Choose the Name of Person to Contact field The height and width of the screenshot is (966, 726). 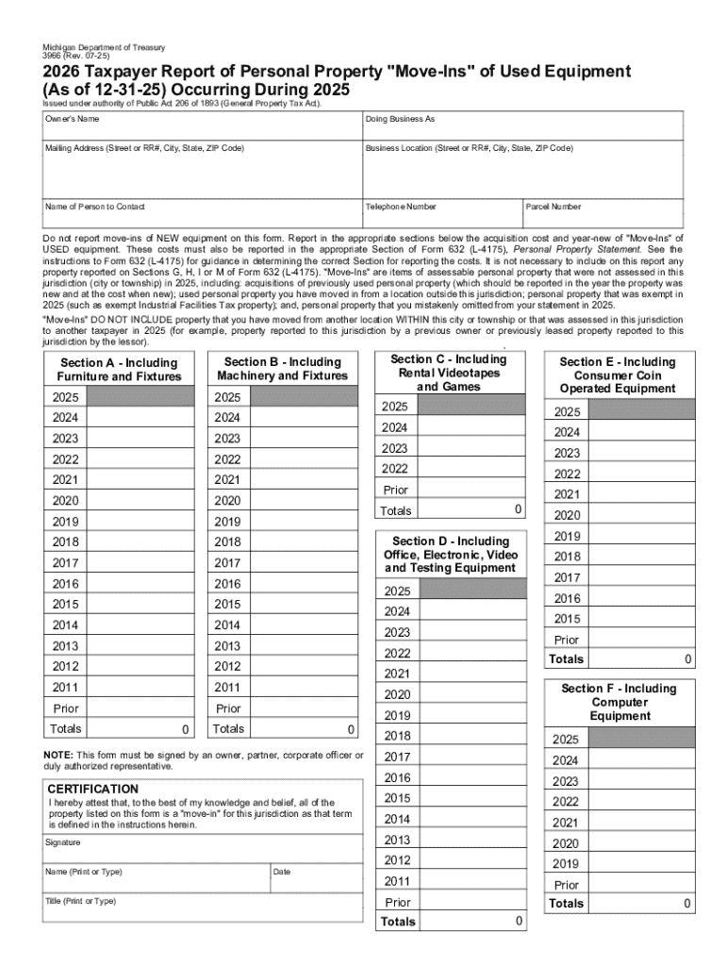tap(200, 214)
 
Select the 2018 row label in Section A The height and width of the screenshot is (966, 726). tap(65, 542)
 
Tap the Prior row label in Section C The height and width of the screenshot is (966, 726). tap(396, 490)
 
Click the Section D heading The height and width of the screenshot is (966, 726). tap(451, 555)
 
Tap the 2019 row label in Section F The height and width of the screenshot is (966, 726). tap(566, 863)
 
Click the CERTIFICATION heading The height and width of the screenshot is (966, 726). tap(93, 789)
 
